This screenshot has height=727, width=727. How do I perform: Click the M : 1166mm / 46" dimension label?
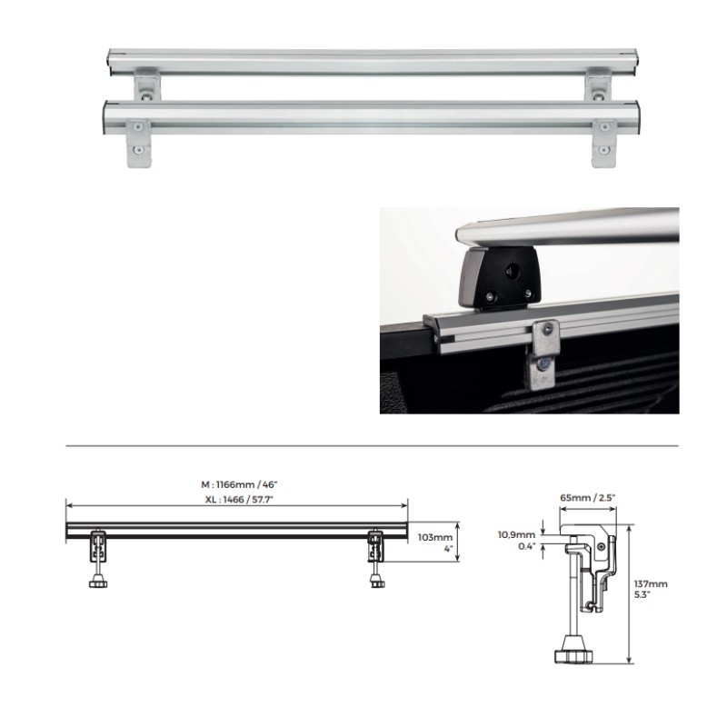tap(236, 483)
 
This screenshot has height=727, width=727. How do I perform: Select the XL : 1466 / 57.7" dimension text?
tap(236, 499)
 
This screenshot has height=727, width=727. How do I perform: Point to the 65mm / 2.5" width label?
tap(588, 498)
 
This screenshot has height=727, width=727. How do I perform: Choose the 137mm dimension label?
tap(651, 584)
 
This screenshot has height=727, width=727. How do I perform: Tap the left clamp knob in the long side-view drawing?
tap(97, 581)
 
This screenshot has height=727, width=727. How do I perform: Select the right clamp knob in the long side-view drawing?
tap(376, 581)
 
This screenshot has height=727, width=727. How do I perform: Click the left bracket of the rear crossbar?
tap(145, 87)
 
